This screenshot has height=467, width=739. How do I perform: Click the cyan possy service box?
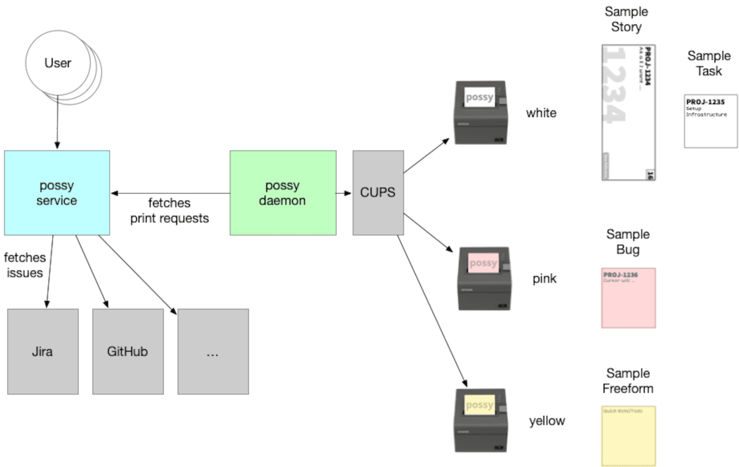pyautogui.click(x=57, y=193)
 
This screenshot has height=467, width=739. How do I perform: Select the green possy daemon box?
pyautogui.click(x=283, y=193)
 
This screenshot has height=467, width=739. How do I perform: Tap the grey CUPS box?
pyautogui.click(x=378, y=193)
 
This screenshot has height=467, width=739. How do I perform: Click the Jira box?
pyautogui.click(x=43, y=352)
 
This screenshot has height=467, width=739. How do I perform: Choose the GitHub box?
pyautogui.click(x=128, y=352)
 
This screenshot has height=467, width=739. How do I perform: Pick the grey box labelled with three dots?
pyautogui.click(x=213, y=352)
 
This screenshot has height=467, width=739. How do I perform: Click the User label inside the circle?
pyautogui.click(x=58, y=63)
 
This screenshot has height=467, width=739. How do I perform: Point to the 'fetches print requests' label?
pyautogui.click(x=170, y=210)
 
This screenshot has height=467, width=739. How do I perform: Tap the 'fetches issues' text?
pyautogui.click(x=25, y=265)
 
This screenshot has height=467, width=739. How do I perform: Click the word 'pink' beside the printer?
pyautogui.click(x=544, y=278)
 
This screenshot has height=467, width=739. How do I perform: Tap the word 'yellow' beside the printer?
pyautogui.click(x=547, y=421)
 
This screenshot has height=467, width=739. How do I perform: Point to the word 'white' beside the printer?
pyautogui.click(x=541, y=113)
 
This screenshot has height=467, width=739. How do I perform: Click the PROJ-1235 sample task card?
pyautogui.click(x=710, y=121)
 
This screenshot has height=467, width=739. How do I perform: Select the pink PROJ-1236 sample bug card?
pyautogui.click(x=628, y=298)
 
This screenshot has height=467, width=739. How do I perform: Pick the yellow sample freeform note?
pyautogui.click(x=628, y=435)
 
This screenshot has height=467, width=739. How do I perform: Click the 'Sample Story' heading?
pyautogui.click(x=626, y=19)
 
